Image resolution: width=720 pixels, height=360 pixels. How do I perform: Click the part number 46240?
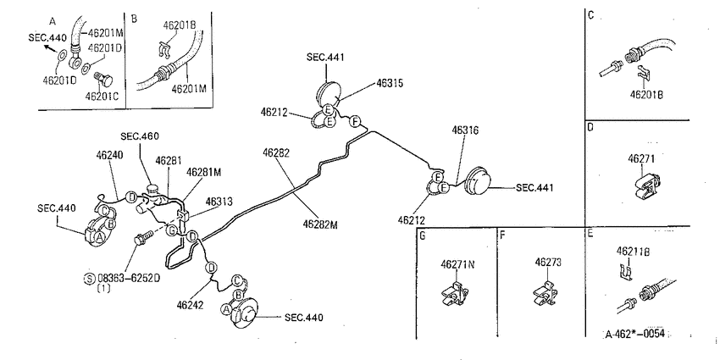pyautogui.click(x=110, y=155)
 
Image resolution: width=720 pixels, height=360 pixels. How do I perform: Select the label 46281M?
pyautogui.click(x=204, y=172)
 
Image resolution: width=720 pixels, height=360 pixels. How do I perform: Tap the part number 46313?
pyautogui.click(x=219, y=202)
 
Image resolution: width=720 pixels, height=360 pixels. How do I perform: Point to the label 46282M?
pyautogui.click(x=320, y=224)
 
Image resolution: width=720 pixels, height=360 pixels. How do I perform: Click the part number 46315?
pyautogui.click(x=390, y=84)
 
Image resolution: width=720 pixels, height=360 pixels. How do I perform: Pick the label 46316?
pyautogui.click(x=465, y=130)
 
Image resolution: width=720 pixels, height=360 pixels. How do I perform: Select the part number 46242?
pyautogui.click(x=190, y=304)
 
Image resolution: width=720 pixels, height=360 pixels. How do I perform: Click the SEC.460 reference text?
pyautogui.click(x=140, y=136)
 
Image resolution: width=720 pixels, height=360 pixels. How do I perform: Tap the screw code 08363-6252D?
pyautogui.click(x=129, y=279)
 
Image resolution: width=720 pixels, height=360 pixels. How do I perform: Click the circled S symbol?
pyautogui.click(x=90, y=279)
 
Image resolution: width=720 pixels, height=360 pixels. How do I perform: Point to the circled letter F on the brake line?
pyautogui.click(x=355, y=122)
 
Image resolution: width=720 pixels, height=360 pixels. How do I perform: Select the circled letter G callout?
pyautogui.click(x=172, y=230)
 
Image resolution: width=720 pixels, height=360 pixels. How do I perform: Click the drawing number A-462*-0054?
pyautogui.click(x=635, y=334)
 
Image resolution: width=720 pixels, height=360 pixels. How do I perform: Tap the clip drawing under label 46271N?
pyautogui.click(x=455, y=294)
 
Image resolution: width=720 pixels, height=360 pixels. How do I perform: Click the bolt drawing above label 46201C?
pyautogui.click(x=103, y=80)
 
